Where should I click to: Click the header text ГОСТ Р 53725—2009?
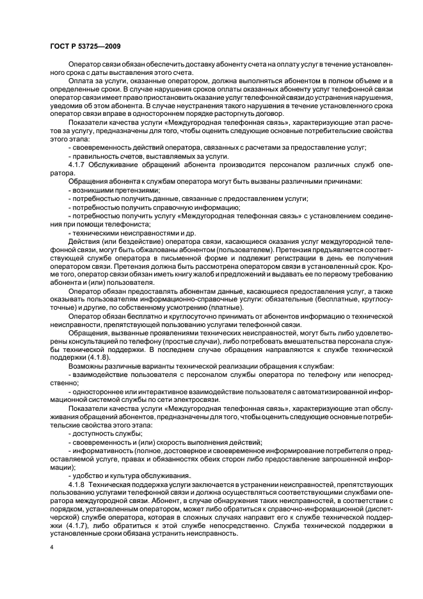(85, 47)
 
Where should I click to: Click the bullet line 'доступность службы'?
(97, 434)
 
